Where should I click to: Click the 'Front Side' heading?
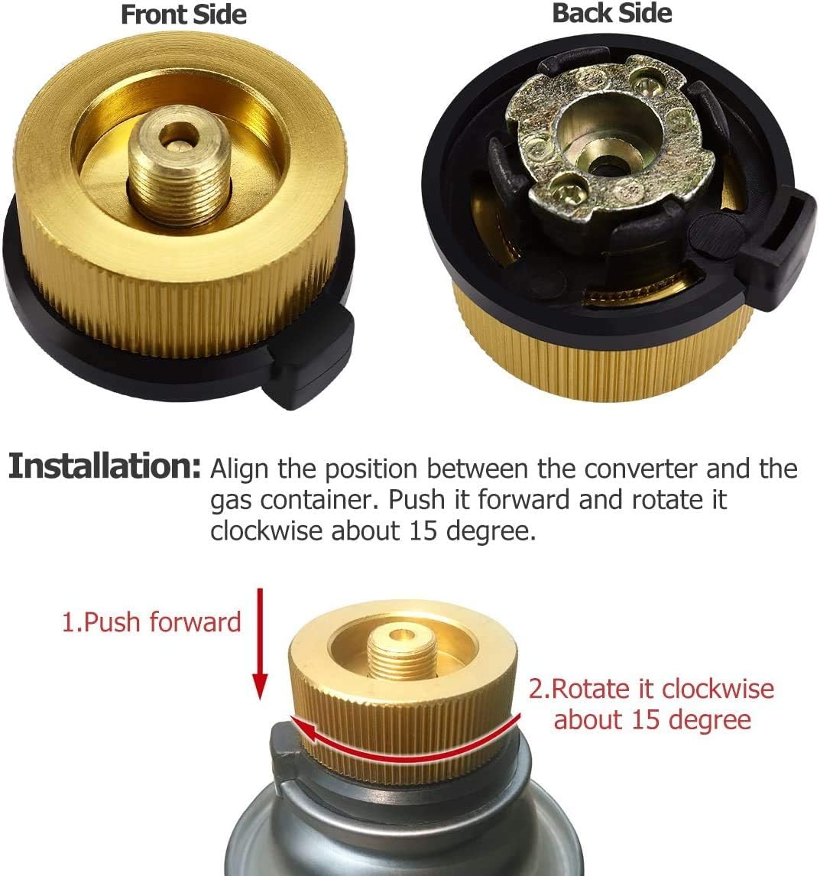click(183, 15)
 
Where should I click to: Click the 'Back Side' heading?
click(611, 14)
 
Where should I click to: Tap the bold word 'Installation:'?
click(105, 466)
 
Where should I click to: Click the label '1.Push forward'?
click(151, 621)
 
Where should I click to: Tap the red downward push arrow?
click(260, 644)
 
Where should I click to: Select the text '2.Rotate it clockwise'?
click(651, 689)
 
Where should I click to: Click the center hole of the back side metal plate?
click(607, 167)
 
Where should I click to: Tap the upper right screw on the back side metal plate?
click(647, 86)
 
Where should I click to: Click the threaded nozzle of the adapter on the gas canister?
click(402, 653)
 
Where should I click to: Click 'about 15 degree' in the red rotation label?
click(652, 719)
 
